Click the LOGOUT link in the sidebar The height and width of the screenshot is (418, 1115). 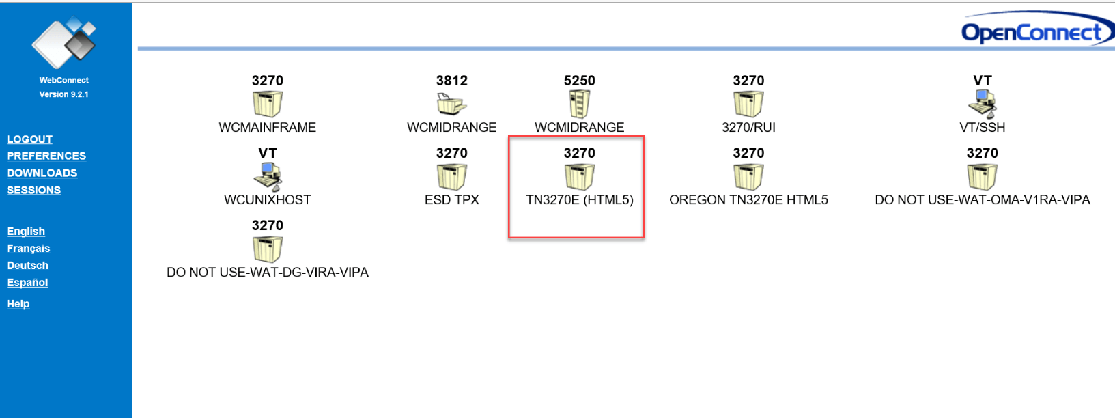29,139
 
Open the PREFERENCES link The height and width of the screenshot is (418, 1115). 46,156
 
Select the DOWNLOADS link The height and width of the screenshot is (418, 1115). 42,173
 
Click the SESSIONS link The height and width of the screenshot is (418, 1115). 34,190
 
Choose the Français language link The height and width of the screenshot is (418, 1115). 29,248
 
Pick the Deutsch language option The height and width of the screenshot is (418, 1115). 27,266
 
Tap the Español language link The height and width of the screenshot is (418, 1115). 27,283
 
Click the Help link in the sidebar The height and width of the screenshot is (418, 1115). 18,304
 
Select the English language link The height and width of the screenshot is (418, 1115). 26,231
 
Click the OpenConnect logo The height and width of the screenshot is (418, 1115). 1037,30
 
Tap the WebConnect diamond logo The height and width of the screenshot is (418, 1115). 63,42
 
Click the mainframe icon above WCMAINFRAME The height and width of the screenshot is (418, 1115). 267,104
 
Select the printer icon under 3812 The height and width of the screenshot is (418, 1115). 451,104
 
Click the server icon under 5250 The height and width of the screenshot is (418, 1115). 579,104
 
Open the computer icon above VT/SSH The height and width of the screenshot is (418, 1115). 982,104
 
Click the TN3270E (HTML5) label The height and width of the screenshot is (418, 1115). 580,200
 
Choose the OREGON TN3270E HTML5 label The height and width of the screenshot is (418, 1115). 748,200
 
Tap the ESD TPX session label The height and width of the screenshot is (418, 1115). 451,200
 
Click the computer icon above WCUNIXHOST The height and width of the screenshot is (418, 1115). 267,176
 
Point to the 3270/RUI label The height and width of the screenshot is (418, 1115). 748,128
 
